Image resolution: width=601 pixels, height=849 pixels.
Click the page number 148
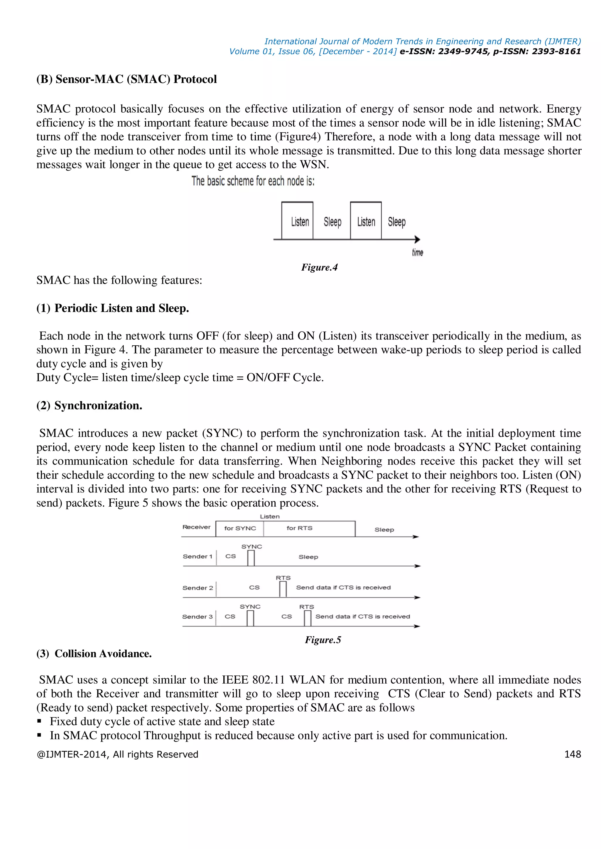click(x=572, y=754)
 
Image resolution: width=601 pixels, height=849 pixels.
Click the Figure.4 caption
click(x=319, y=267)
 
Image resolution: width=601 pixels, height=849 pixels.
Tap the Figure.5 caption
click(x=323, y=640)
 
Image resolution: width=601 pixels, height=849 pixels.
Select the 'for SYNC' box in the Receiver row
click(x=240, y=528)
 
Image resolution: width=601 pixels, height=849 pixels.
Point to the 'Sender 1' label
click(x=197, y=556)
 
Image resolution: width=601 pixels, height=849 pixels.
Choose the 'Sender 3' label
click(x=197, y=617)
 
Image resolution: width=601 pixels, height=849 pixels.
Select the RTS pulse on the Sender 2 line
click(x=283, y=589)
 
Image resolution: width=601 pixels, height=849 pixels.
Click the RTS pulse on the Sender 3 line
click(x=307, y=618)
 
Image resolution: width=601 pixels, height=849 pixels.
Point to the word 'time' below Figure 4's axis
click(x=418, y=252)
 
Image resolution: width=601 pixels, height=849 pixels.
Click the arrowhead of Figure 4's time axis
click(x=418, y=239)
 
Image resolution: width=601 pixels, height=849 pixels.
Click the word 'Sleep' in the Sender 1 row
click(x=308, y=557)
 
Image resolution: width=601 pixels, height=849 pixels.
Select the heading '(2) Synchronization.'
click(x=89, y=406)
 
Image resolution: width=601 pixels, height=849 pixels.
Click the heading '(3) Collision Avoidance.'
click(x=94, y=654)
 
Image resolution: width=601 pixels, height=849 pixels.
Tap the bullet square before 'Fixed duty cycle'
click(x=39, y=721)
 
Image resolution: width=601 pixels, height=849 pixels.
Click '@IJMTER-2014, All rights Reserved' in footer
click(x=117, y=754)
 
